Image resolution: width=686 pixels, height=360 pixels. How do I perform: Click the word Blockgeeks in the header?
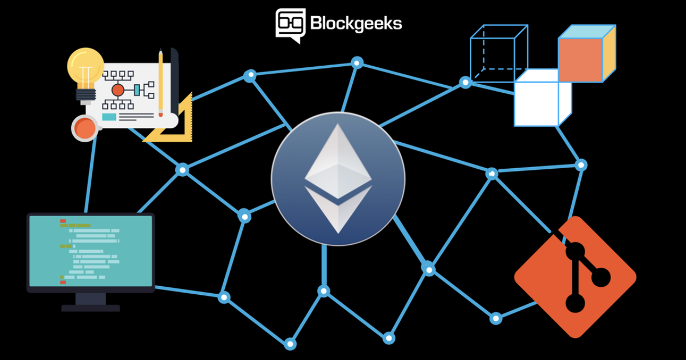click(x=356, y=24)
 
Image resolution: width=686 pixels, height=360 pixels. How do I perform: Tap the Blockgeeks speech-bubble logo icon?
click(x=291, y=26)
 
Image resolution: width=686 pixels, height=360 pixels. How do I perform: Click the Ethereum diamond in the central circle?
click(x=338, y=178)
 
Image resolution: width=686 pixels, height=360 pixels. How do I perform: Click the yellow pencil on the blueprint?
click(x=161, y=82)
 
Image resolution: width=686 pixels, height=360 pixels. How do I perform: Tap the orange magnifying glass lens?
click(x=85, y=128)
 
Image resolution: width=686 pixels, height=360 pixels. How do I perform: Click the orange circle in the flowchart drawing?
click(x=118, y=91)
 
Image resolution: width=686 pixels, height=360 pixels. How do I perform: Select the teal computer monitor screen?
click(x=91, y=251)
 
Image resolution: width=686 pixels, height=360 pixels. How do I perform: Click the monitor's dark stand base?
click(x=91, y=308)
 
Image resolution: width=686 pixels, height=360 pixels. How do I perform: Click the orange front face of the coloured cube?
click(x=580, y=60)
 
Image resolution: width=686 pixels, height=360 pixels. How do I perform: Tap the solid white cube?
click(x=543, y=98)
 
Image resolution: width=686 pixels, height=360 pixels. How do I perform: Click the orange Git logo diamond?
click(x=575, y=277)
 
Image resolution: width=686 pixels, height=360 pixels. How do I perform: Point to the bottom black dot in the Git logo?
click(x=575, y=303)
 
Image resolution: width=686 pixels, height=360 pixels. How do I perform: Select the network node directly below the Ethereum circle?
click(x=324, y=291)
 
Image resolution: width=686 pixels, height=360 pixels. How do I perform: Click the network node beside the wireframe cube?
click(x=465, y=82)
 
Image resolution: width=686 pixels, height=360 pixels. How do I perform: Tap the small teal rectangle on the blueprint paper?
click(x=109, y=117)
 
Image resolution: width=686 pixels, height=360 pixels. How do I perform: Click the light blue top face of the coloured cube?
click(x=587, y=32)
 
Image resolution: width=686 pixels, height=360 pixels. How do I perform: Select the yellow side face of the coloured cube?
click(x=609, y=53)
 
